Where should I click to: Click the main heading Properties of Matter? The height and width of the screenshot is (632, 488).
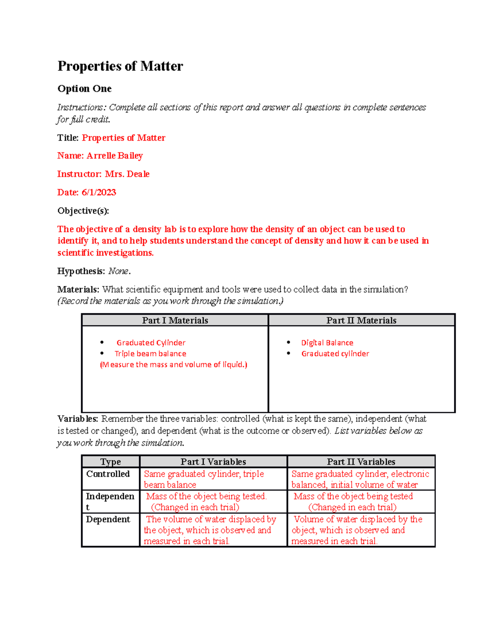coord(120,66)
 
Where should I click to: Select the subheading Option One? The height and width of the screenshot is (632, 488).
coord(85,89)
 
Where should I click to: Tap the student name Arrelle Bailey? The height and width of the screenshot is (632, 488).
coord(114,156)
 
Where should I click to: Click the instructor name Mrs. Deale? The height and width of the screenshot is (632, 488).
coord(127,174)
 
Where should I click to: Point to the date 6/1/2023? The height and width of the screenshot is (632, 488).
coord(99,192)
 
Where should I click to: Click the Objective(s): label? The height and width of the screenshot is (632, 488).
coord(83,211)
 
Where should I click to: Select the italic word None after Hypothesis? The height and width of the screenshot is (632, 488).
coord(118,271)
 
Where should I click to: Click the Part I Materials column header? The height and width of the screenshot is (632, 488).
coord(175,321)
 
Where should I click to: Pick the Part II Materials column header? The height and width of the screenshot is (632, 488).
coord(361,321)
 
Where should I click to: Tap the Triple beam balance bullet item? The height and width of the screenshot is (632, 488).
coord(150,354)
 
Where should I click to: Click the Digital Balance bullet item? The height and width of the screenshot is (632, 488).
coord(327,343)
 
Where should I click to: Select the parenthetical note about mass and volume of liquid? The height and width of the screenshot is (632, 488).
coord(174,365)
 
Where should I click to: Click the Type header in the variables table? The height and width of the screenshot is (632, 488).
coord(111,462)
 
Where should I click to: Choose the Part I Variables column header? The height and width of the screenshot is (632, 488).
coord(213,462)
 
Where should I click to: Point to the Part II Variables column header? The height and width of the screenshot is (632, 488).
coord(361,462)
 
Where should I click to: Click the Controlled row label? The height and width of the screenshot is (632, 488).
coord(108,474)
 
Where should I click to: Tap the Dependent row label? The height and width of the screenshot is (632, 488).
coord(108,520)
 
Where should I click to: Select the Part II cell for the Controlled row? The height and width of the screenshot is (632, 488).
coord(360,479)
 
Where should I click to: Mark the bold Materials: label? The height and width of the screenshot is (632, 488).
coord(78,290)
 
